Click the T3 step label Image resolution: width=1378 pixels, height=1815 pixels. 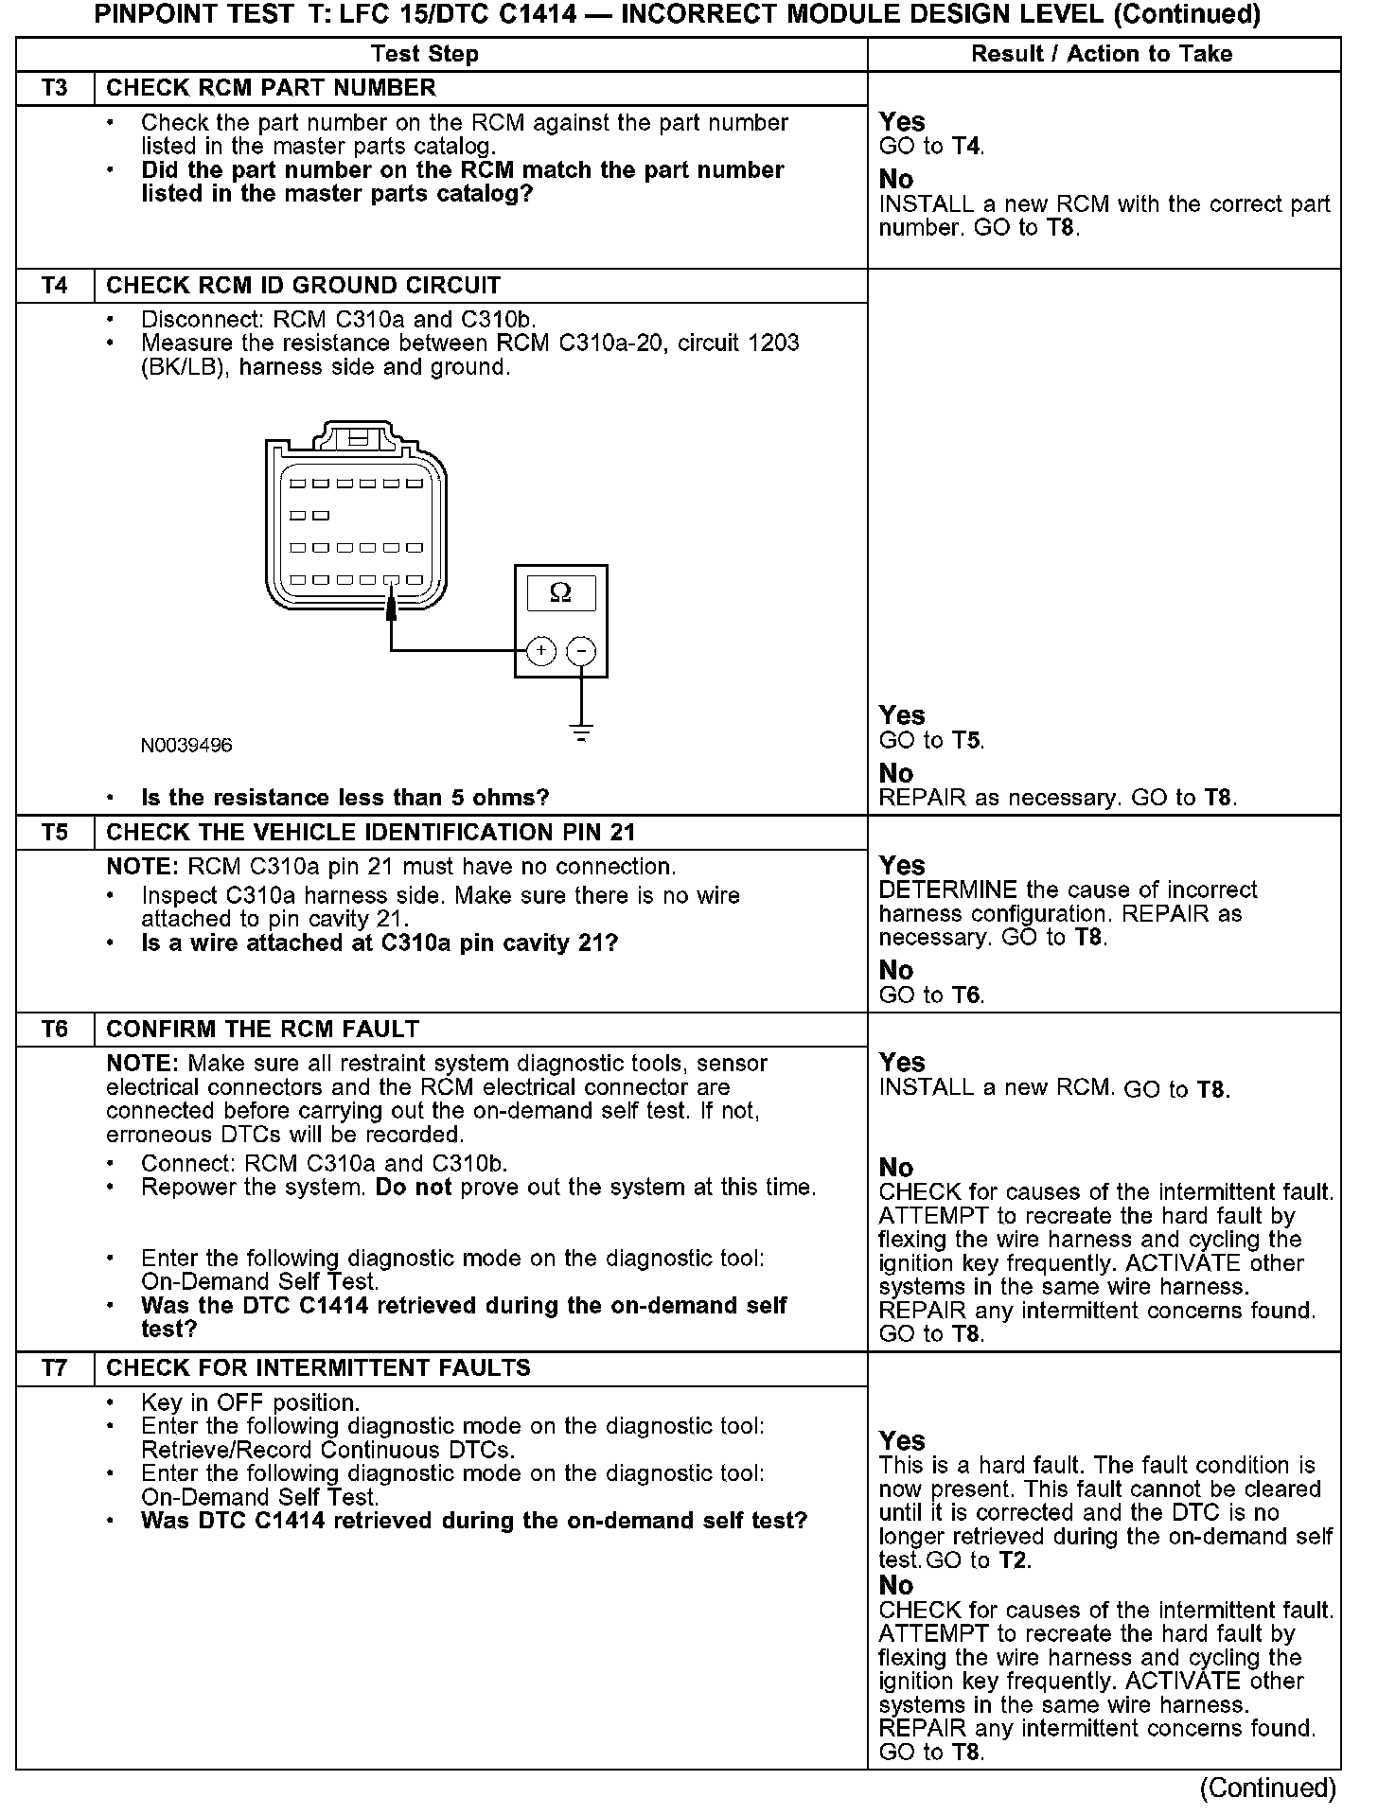pos(55,88)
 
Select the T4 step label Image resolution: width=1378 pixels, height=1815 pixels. pos(55,286)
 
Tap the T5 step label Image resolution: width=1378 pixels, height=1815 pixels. pos(55,833)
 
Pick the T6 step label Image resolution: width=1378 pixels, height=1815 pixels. pos(55,1030)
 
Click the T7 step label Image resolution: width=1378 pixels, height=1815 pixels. pos(55,1368)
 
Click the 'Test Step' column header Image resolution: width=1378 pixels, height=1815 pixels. pos(424,54)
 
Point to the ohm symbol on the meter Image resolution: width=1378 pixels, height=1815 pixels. pos(560,593)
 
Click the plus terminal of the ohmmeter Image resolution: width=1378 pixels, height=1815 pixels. pos(540,651)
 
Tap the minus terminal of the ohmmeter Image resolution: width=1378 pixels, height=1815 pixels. pos(581,651)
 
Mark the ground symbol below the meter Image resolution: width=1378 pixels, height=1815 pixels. pos(581,731)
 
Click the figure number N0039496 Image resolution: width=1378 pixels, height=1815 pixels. pos(186,746)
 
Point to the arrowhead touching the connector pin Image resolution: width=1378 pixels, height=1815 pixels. pos(390,611)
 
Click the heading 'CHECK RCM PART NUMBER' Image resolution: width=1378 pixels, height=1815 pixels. pos(271,88)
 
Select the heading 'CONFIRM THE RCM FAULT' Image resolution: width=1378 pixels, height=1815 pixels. pos(263,1030)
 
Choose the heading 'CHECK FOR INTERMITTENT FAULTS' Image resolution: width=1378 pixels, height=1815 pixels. pos(318,1368)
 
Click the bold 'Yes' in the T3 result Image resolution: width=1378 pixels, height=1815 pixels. pos(902,122)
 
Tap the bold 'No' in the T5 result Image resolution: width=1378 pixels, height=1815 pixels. pos(896,970)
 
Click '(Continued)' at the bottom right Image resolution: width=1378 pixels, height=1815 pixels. pos(1267,1789)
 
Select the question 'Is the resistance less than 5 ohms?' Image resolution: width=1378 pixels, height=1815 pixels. pos(344,798)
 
